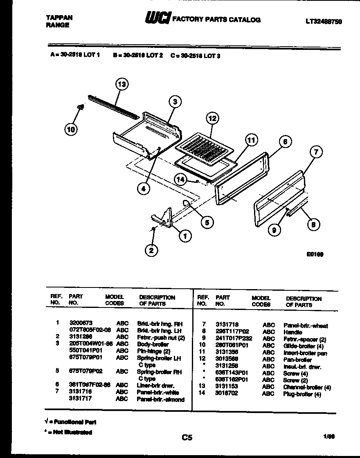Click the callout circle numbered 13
(x=121, y=85)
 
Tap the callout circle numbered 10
(x=71, y=129)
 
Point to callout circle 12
(x=212, y=119)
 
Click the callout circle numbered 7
(x=315, y=153)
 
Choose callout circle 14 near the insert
(x=180, y=179)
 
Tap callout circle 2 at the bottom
(x=151, y=250)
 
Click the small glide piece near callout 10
(x=81, y=108)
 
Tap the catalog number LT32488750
(x=323, y=22)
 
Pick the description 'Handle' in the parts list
(x=292, y=332)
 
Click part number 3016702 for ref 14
(x=227, y=394)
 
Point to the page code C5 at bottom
(x=187, y=438)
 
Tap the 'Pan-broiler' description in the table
(x=297, y=360)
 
